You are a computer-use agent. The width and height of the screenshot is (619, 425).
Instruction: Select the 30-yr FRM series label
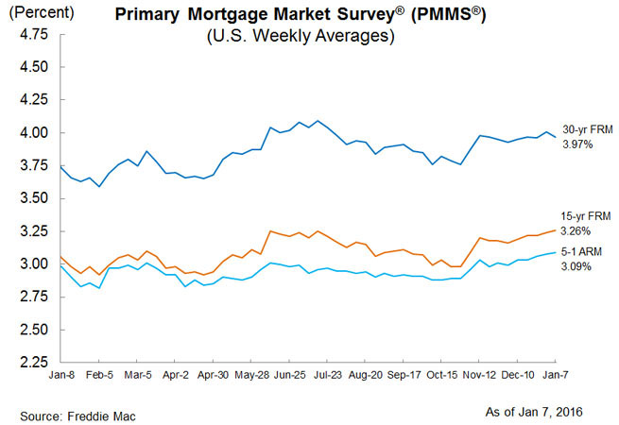pos(585,129)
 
